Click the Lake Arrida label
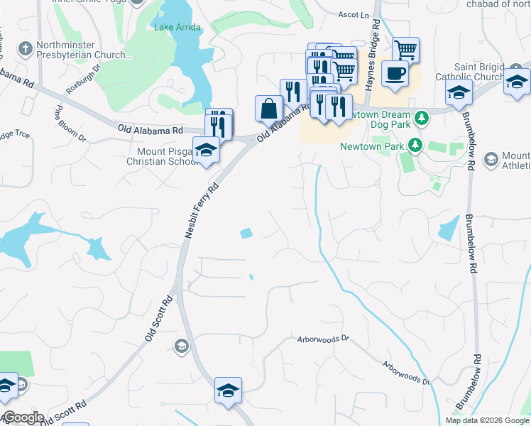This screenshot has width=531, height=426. pos(177,27)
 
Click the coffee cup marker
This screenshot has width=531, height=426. pos(394,72)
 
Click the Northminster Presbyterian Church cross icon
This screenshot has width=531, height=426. pos(25,49)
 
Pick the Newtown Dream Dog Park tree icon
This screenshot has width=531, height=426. pos(421,116)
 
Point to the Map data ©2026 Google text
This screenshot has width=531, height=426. pos(487,420)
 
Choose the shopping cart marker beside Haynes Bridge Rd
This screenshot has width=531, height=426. pos(405,50)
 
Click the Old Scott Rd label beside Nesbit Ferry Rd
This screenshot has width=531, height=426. pos(158,319)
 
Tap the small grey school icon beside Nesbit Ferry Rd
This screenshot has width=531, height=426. pos(181,346)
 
